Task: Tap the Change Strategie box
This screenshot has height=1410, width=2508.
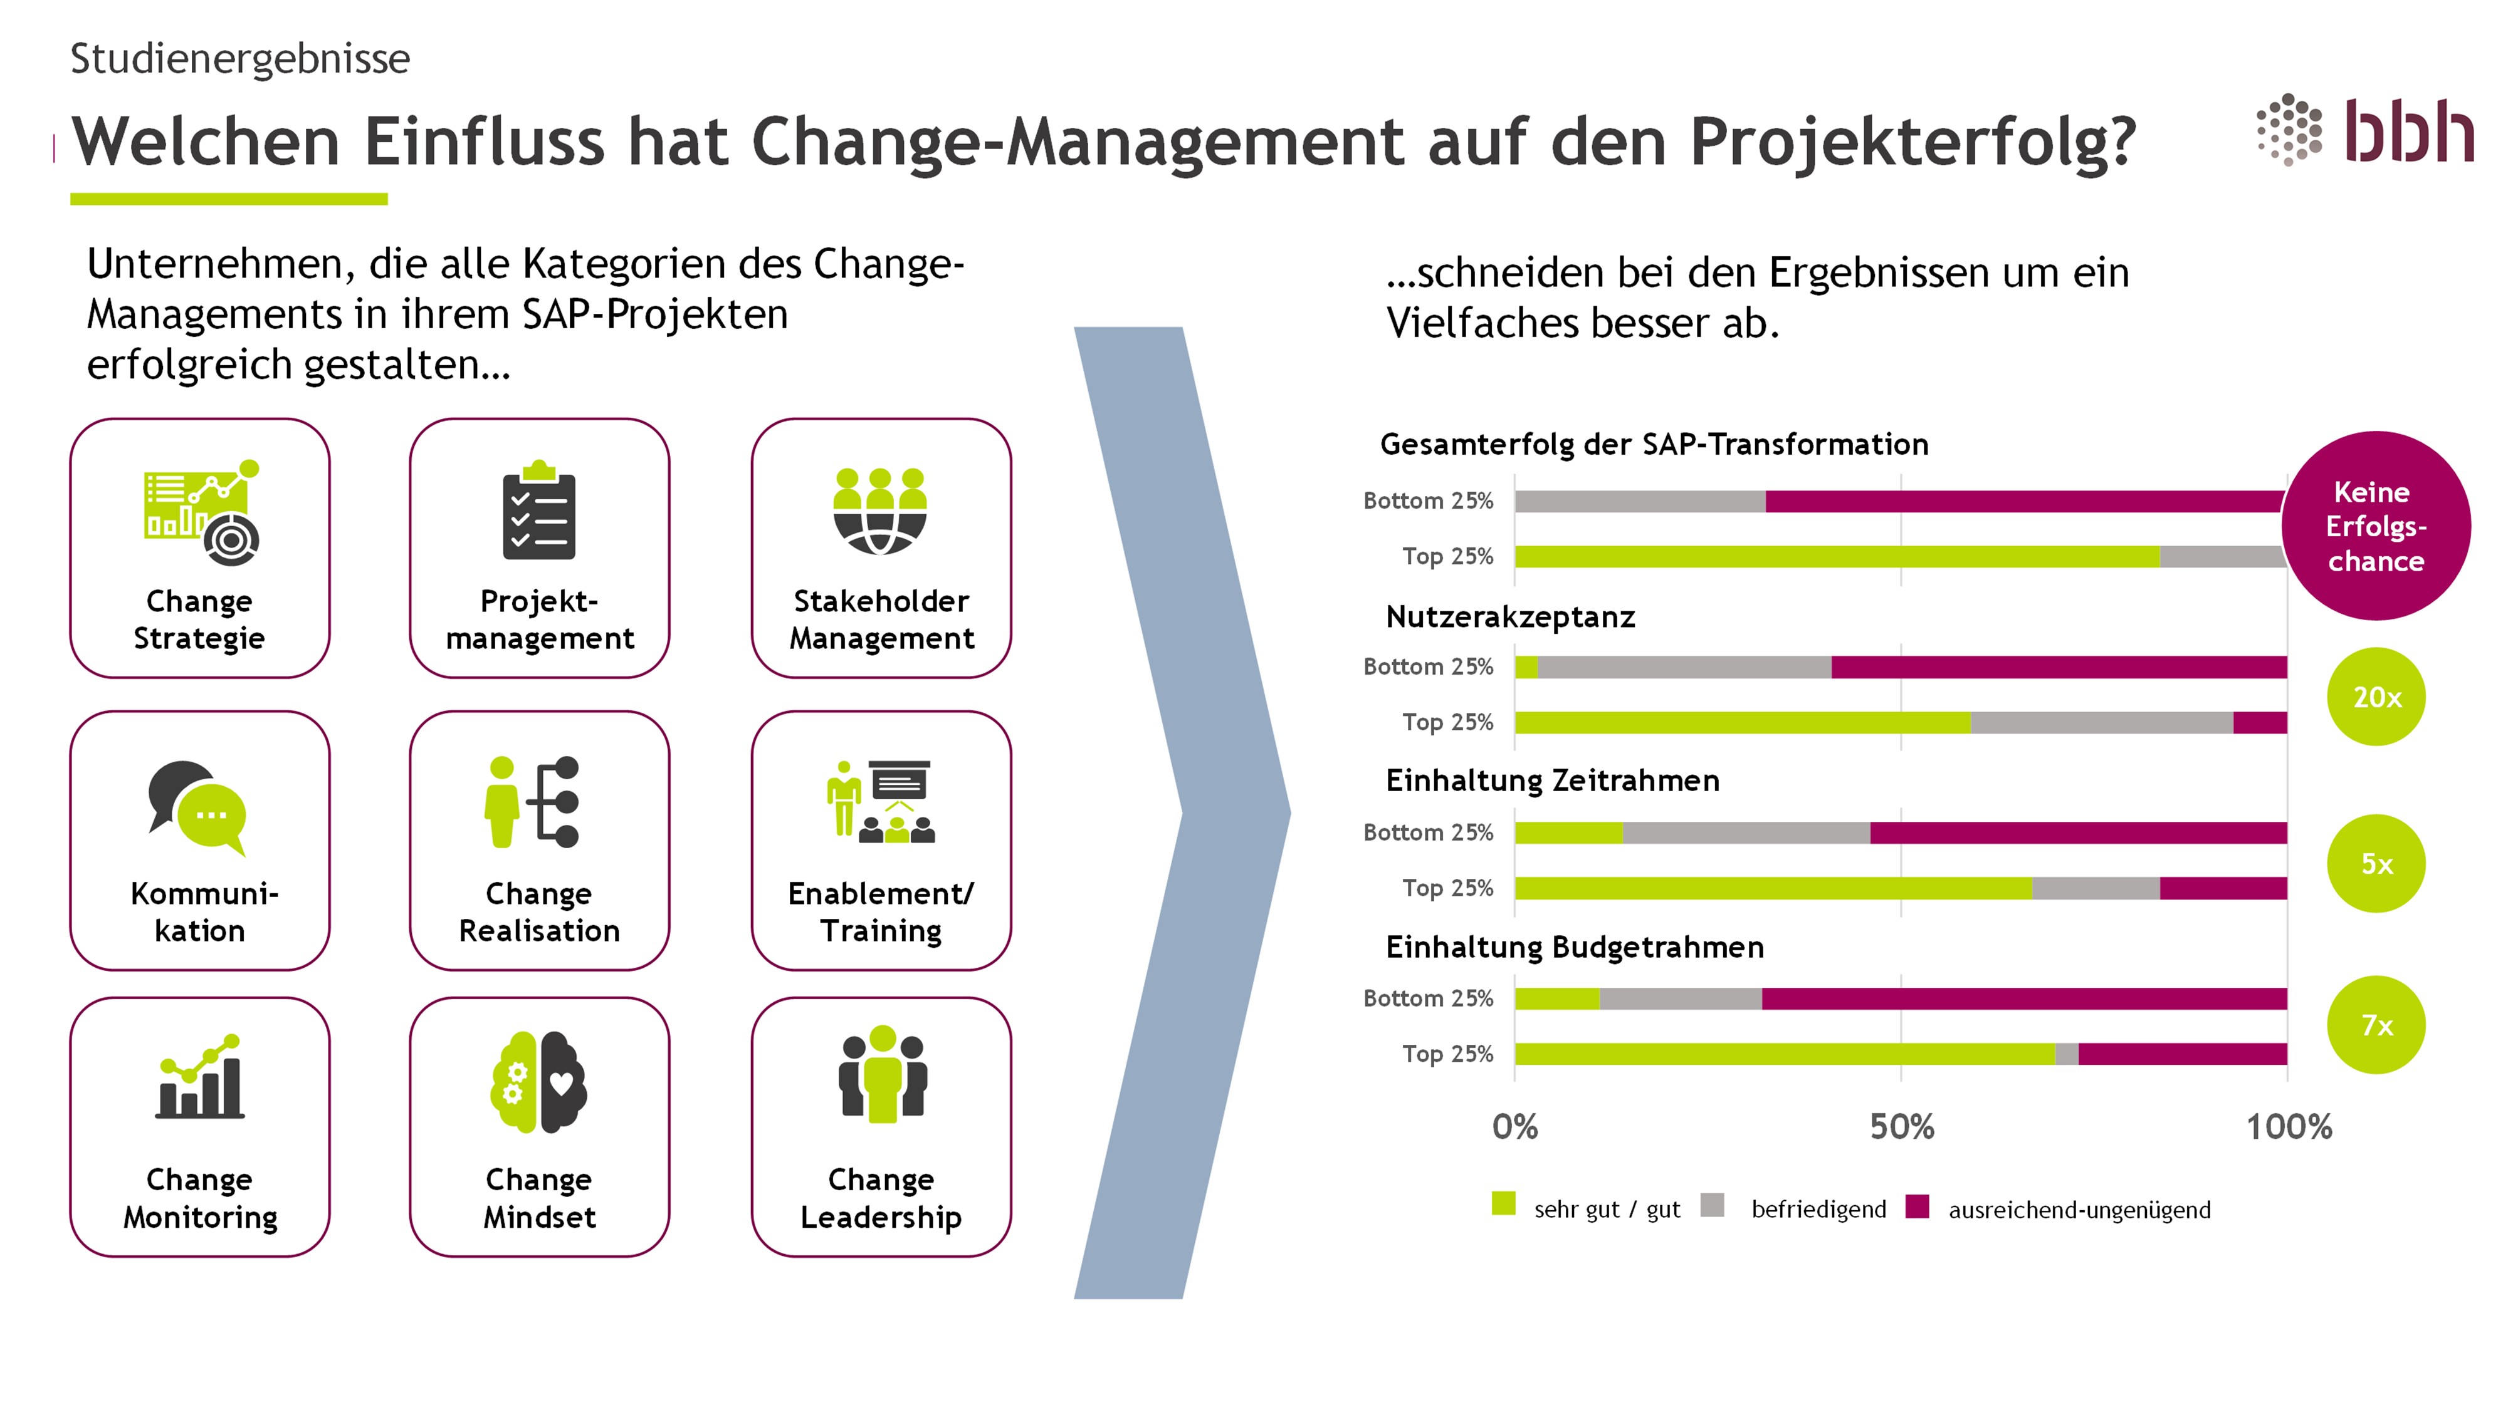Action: (199, 548)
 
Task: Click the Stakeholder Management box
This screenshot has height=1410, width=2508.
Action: (881, 548)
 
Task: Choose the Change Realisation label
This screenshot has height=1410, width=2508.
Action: (538, 912)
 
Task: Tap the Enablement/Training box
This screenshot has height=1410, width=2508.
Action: (881, 841)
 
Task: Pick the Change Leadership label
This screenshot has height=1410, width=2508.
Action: (881, 1198)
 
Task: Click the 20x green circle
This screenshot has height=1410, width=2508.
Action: (2376, 697)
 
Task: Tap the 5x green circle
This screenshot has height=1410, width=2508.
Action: (2376, 863)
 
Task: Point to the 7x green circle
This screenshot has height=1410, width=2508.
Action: (2376, 1025)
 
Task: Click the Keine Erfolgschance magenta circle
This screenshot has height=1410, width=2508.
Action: (2376, 526)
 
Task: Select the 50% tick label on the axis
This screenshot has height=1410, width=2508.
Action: (1901, 1127)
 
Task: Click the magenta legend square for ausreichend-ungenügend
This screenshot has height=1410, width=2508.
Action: (1917, 1206)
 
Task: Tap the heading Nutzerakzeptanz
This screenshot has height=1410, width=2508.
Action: (1510, 617)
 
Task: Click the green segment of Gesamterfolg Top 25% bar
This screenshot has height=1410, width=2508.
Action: (1836, 557)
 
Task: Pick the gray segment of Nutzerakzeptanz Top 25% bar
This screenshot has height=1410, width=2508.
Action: (2101, 722)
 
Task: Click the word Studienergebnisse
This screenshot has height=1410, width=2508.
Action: (241, 58)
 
